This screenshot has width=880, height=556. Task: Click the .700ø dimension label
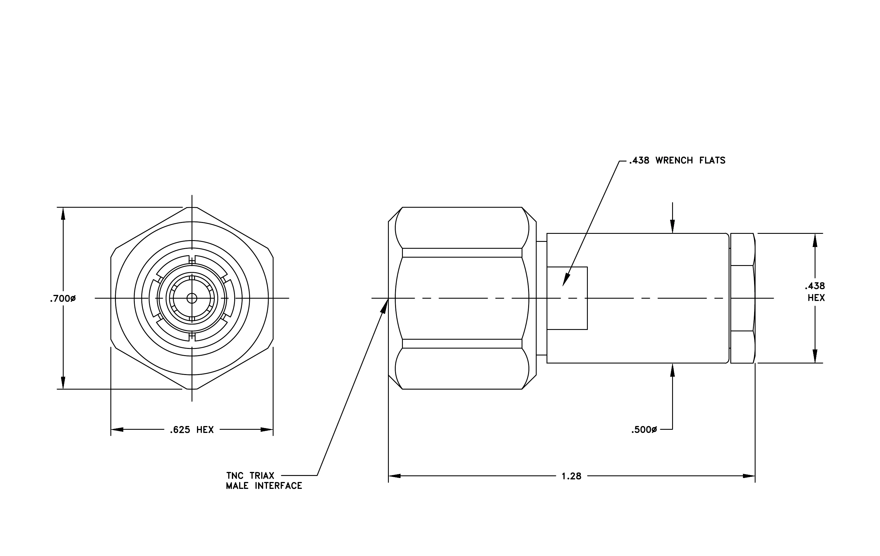[63, 299]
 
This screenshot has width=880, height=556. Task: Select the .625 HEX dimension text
[192, 429]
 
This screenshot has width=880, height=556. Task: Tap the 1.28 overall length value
[571, 476]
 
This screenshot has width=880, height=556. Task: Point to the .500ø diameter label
[644, 430]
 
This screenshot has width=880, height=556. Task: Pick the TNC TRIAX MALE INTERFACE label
[264, 481]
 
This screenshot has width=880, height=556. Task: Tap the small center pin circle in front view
[192, 298]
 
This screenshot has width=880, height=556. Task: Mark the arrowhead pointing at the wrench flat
[566, 280]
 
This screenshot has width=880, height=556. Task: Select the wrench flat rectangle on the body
[567, 298]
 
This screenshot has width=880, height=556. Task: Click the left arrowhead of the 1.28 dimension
[394, 476]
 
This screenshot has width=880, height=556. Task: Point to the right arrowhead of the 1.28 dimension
[749, 476]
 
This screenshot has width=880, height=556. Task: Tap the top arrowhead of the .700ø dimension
[63, 213]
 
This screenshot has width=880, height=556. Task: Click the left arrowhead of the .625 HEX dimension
[117, 429]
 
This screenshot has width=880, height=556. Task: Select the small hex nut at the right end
[742, 298]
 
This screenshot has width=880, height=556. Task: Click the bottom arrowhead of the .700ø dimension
[63, 383]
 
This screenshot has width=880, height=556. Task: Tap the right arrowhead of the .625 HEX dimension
[267, 429]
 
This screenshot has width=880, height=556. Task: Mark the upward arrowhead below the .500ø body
[672, 370]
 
